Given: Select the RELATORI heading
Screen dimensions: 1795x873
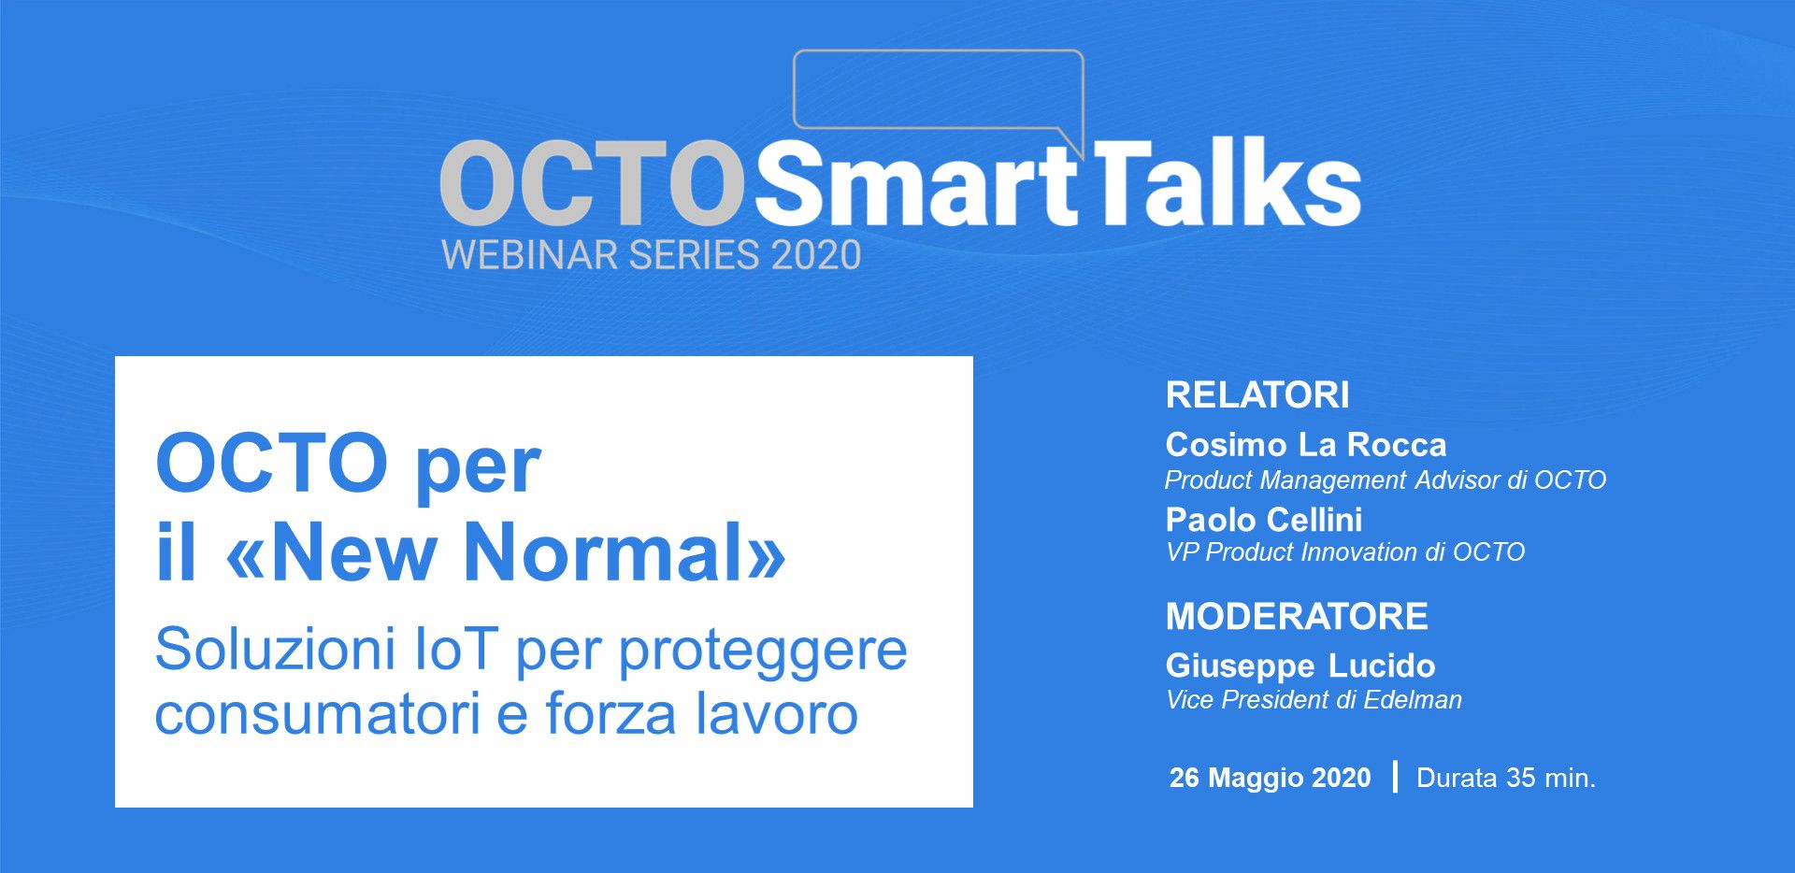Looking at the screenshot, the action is click(1257, 395).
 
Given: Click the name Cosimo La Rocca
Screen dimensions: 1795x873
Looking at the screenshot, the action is click(1306, 445).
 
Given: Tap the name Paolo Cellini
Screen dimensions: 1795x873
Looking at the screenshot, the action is click(1264, 520).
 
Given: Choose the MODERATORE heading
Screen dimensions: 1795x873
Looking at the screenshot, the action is click(1297, 617).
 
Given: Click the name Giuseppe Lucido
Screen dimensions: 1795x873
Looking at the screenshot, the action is click(1300, 666).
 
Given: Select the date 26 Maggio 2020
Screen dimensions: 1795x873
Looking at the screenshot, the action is click(1271, 778).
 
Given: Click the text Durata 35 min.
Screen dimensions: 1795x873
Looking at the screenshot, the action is click(1506, 778).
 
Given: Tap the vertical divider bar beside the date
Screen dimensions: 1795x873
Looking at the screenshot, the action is click(1395, 777).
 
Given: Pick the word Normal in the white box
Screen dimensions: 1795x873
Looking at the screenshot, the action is click(612, 552).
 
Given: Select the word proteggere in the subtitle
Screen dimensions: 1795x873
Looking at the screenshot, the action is click(763, 653).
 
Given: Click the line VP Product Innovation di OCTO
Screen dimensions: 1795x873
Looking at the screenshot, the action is click(1345, 552).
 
